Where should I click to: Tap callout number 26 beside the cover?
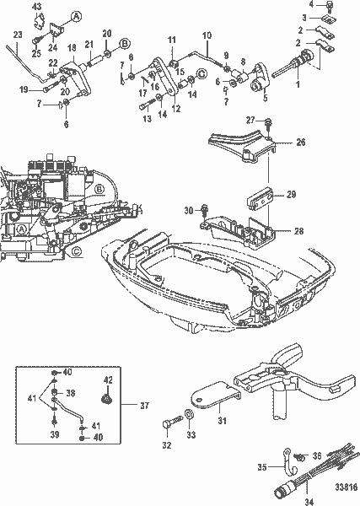[300, 143]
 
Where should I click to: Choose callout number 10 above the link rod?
[207, 35]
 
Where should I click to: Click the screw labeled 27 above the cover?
[268, 126]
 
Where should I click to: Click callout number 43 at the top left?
[37, 7]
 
